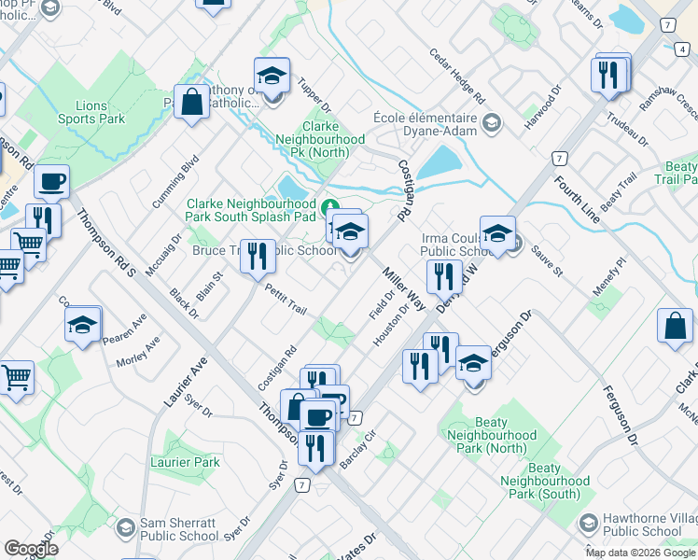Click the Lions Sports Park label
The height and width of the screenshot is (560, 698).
(91, 113)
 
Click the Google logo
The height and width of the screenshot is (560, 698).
(31, 549)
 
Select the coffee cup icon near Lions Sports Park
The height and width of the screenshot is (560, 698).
(51, 181)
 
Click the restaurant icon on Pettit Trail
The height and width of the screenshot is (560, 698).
(258, 257)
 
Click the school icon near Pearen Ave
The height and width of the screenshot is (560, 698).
(83, 324)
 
